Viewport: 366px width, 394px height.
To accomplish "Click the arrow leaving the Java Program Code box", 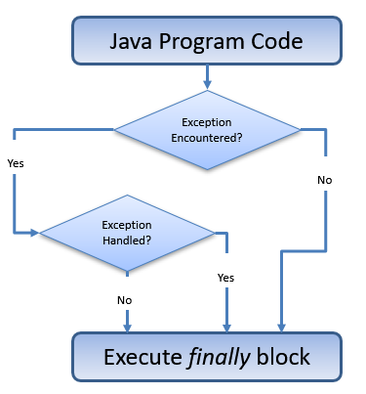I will (x=206, y=77).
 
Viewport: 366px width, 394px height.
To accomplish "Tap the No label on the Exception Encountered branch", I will (x=324, y=180).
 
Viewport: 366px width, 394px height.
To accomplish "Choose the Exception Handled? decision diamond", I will (x=128, y=232).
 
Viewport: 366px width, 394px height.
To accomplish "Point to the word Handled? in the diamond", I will (x=128, y=239).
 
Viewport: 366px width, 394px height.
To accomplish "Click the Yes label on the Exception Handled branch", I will (x=225, y=278).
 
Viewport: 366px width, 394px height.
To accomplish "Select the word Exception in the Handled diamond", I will (x=128, y=225).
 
